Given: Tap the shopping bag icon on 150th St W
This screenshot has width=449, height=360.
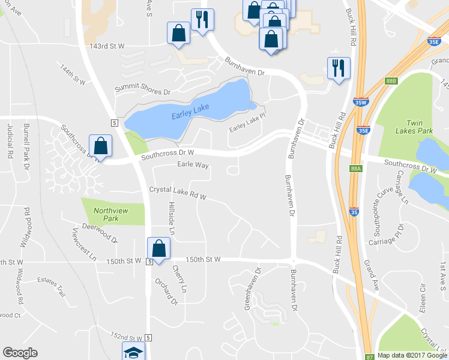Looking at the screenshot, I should click(x=159, y=249).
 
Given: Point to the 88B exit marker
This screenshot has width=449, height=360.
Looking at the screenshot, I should click(x=391, y=80).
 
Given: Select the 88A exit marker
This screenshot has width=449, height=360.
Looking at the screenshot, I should click(x=356, y=169).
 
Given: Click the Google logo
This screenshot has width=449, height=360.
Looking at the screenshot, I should click(x=20, y=353).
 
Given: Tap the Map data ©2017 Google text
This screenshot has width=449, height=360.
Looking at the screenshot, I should click(x=412, y=355).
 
